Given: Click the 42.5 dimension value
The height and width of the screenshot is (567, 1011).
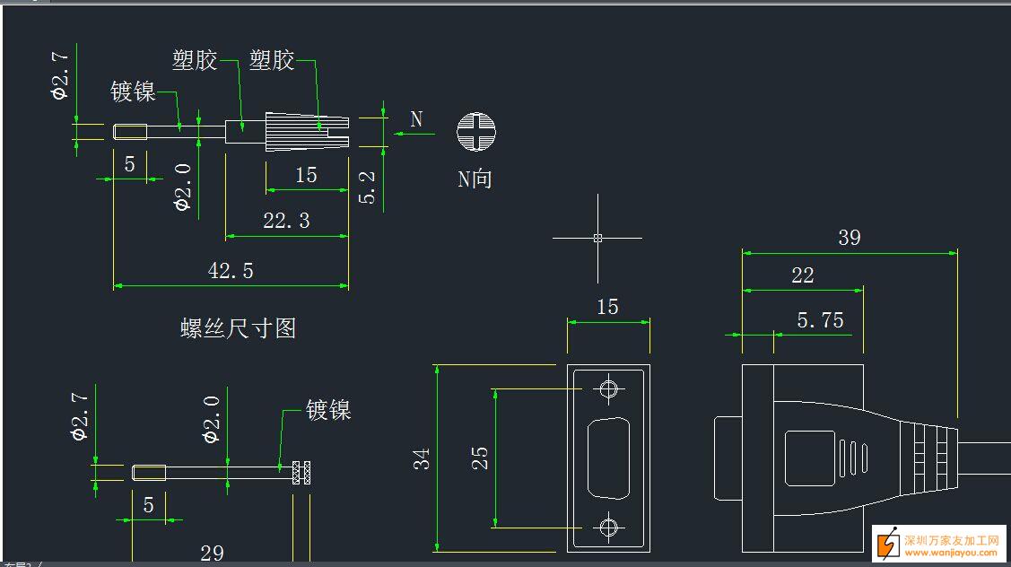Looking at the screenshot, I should point(231,271).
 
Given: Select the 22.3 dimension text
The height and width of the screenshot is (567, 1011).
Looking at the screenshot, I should point(286,221).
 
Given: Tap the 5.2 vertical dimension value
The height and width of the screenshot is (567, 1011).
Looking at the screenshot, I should point(368,188).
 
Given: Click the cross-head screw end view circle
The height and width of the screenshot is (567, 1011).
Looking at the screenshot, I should point(475,133).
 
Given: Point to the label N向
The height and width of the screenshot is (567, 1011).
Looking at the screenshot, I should point(475,179).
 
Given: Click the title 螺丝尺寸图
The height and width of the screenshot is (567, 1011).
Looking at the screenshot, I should point(238,328).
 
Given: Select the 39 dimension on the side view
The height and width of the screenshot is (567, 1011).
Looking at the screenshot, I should point(849,238).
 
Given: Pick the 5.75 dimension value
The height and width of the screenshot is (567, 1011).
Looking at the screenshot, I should point(820,320).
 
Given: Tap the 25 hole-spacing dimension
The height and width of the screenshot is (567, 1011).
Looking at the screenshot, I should point(480,458).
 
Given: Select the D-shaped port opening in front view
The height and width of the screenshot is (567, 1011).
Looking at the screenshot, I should point(608,458).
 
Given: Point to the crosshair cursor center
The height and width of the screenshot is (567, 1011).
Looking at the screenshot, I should point(597,238).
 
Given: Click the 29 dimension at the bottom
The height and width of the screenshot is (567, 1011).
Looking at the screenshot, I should point(212,553).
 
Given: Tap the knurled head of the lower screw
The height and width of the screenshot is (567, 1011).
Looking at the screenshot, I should point(302,472).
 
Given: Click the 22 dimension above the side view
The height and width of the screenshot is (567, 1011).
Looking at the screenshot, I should point(802,276).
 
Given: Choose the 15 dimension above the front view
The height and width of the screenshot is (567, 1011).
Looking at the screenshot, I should point(607,307).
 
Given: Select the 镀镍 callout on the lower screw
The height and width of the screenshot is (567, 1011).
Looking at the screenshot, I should point(328,411).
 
